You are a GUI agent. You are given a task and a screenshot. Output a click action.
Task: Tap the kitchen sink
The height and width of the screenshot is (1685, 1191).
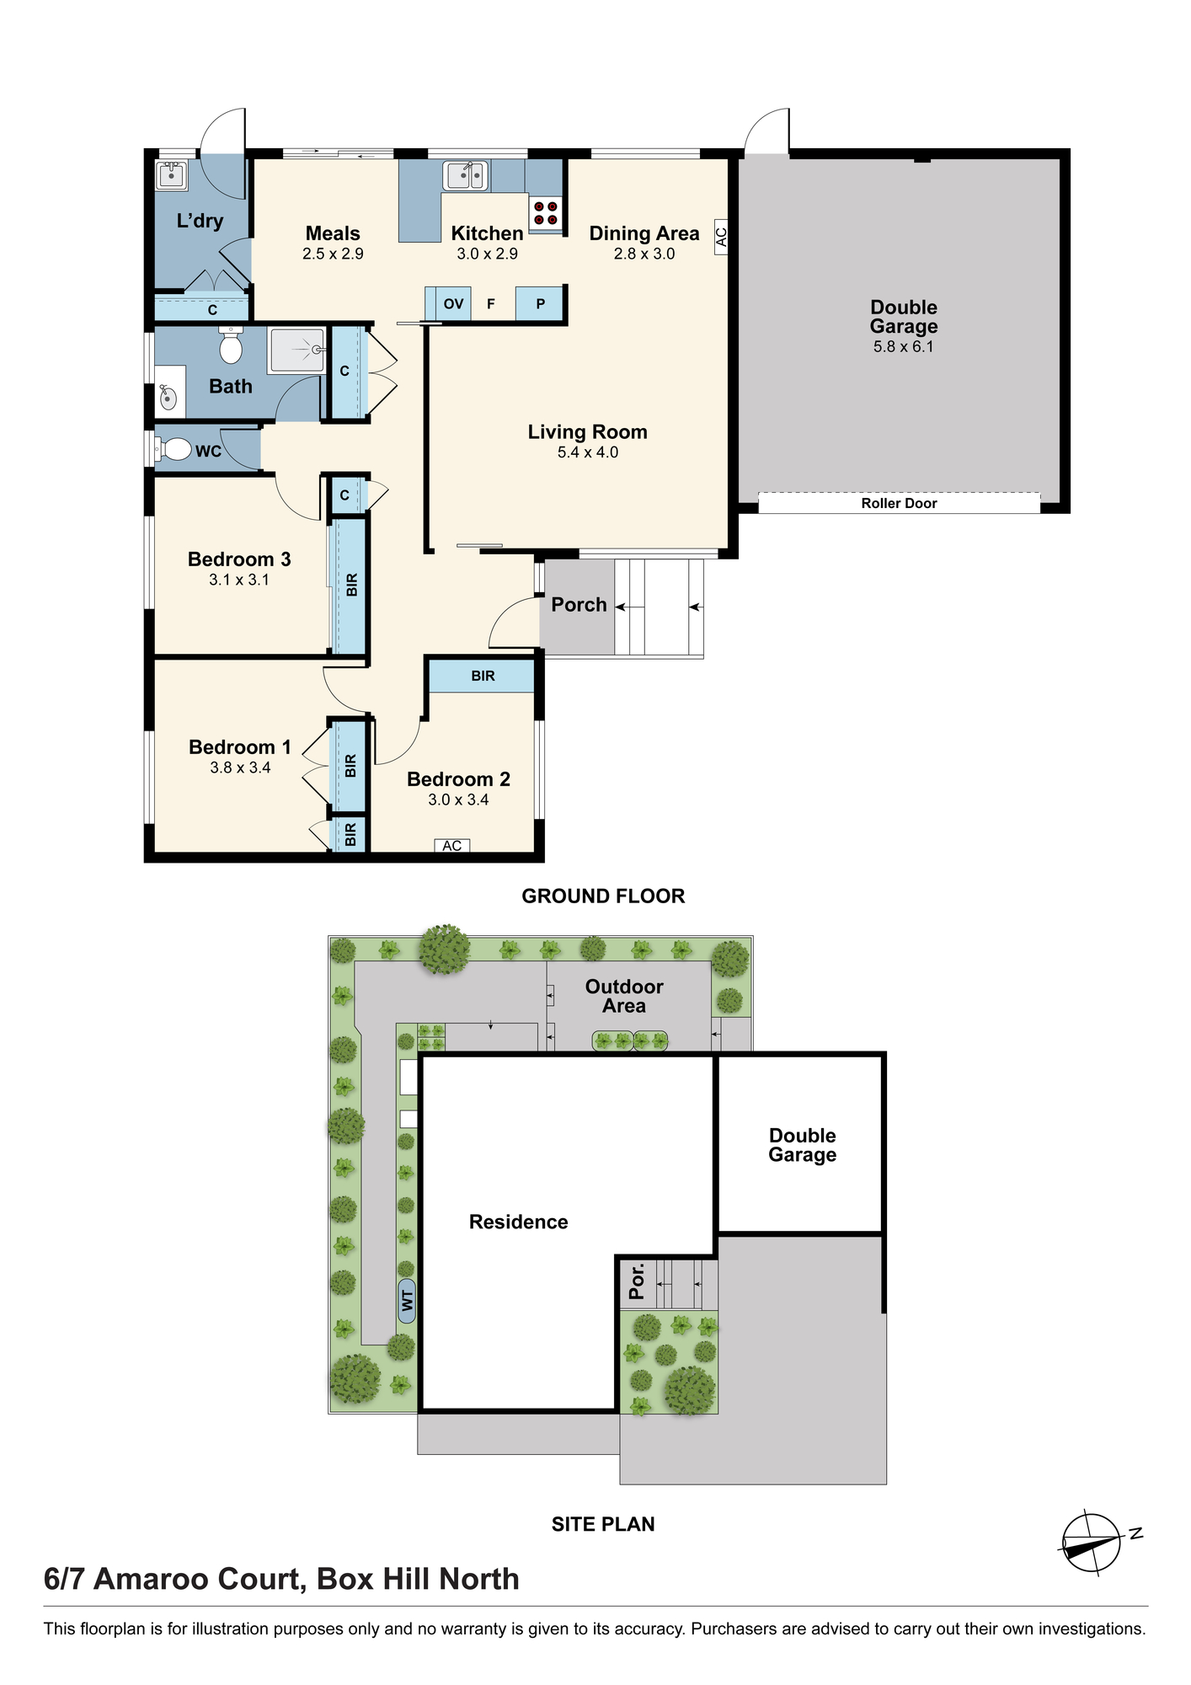pyautogui.click(x=466, y=175)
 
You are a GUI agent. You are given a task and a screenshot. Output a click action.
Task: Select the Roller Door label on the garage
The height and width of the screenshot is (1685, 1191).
pyautogui.click(x=899, y=503)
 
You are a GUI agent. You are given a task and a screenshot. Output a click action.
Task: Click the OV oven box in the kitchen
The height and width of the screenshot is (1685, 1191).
pyautogui.click(x=453, y=304)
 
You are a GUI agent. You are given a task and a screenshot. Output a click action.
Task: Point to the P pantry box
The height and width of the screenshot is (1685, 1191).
pyautogui.click(x=540, y=304)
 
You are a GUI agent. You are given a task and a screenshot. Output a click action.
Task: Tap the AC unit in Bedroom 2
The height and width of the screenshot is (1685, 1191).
pyautogui.click(x=452, y=845)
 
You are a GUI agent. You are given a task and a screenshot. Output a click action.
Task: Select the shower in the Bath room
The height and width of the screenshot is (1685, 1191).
pyautogui.click(x=296, y=350)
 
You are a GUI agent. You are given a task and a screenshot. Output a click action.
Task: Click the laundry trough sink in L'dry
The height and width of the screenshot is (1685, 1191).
pyautogui.click(x=171, y=175)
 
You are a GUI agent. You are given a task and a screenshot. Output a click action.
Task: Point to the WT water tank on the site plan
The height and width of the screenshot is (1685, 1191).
pyautogui.click(x=407, y=1301)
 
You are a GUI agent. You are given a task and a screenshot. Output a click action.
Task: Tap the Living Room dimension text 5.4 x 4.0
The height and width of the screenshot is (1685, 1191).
pyautogui.click(x=588, y=452)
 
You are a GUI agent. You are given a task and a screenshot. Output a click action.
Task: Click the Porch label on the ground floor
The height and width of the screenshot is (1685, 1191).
pyautogui.click(x=579, y=604)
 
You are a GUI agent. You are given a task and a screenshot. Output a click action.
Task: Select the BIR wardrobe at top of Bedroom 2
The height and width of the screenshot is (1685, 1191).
pyautogui.click(x=483, y=676)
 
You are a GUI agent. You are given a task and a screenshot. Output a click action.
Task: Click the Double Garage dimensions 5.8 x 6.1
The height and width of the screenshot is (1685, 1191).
pyautogui.click(x=904, y=346)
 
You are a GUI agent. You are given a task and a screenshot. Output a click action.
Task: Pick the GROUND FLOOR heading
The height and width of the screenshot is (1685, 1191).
pyautogui.click(x=603, y=896)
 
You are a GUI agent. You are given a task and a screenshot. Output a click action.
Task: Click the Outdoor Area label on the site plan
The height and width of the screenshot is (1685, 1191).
pyautogui.click(x=624, y=996)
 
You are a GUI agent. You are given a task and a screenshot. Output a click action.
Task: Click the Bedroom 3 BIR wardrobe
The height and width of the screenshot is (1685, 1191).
pyautogui.click(x=351, y=586)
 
